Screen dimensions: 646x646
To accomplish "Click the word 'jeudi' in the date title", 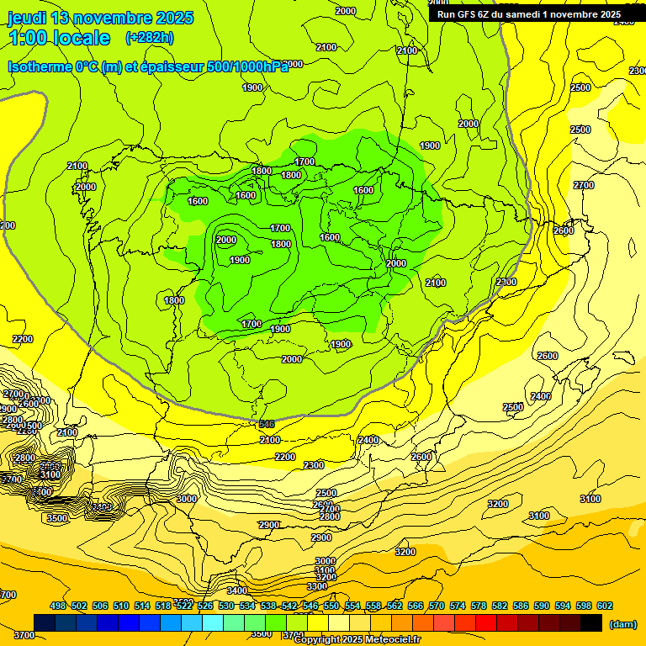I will point(26,18).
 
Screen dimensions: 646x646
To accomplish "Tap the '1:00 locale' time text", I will point(59,38).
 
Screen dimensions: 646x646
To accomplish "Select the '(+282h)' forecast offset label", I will point(150,38).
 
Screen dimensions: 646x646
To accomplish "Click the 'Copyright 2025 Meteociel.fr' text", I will point(357,640).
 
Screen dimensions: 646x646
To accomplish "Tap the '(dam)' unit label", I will point(622,623).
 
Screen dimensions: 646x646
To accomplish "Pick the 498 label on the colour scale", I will point(58,606).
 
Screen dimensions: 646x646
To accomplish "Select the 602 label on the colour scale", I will point(605,606).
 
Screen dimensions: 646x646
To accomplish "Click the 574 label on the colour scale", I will point(458,606).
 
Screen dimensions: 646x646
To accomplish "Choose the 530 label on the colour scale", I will point(226,606).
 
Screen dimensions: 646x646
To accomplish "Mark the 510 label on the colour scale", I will point(121,606).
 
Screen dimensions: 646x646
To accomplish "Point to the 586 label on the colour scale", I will point(521,606).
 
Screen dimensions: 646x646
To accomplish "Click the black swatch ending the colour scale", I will point(591,622).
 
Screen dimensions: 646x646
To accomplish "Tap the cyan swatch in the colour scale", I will point(213,622).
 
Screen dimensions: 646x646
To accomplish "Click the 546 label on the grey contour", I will point(267,423).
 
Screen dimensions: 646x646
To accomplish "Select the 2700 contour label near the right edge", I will point(583,185).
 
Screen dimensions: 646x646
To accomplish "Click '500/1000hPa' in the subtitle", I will point(252,66).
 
